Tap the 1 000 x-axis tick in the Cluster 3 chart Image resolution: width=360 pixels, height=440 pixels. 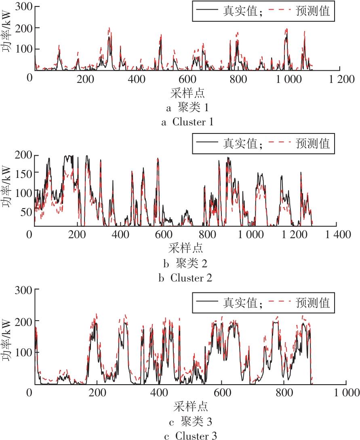point(347,393)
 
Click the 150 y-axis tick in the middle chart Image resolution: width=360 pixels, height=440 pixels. point(21,172)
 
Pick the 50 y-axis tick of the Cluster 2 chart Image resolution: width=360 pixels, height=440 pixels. point(24,211)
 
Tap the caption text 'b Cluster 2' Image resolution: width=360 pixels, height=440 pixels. point(187,278)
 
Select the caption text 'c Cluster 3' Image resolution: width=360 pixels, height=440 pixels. point(187,436)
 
